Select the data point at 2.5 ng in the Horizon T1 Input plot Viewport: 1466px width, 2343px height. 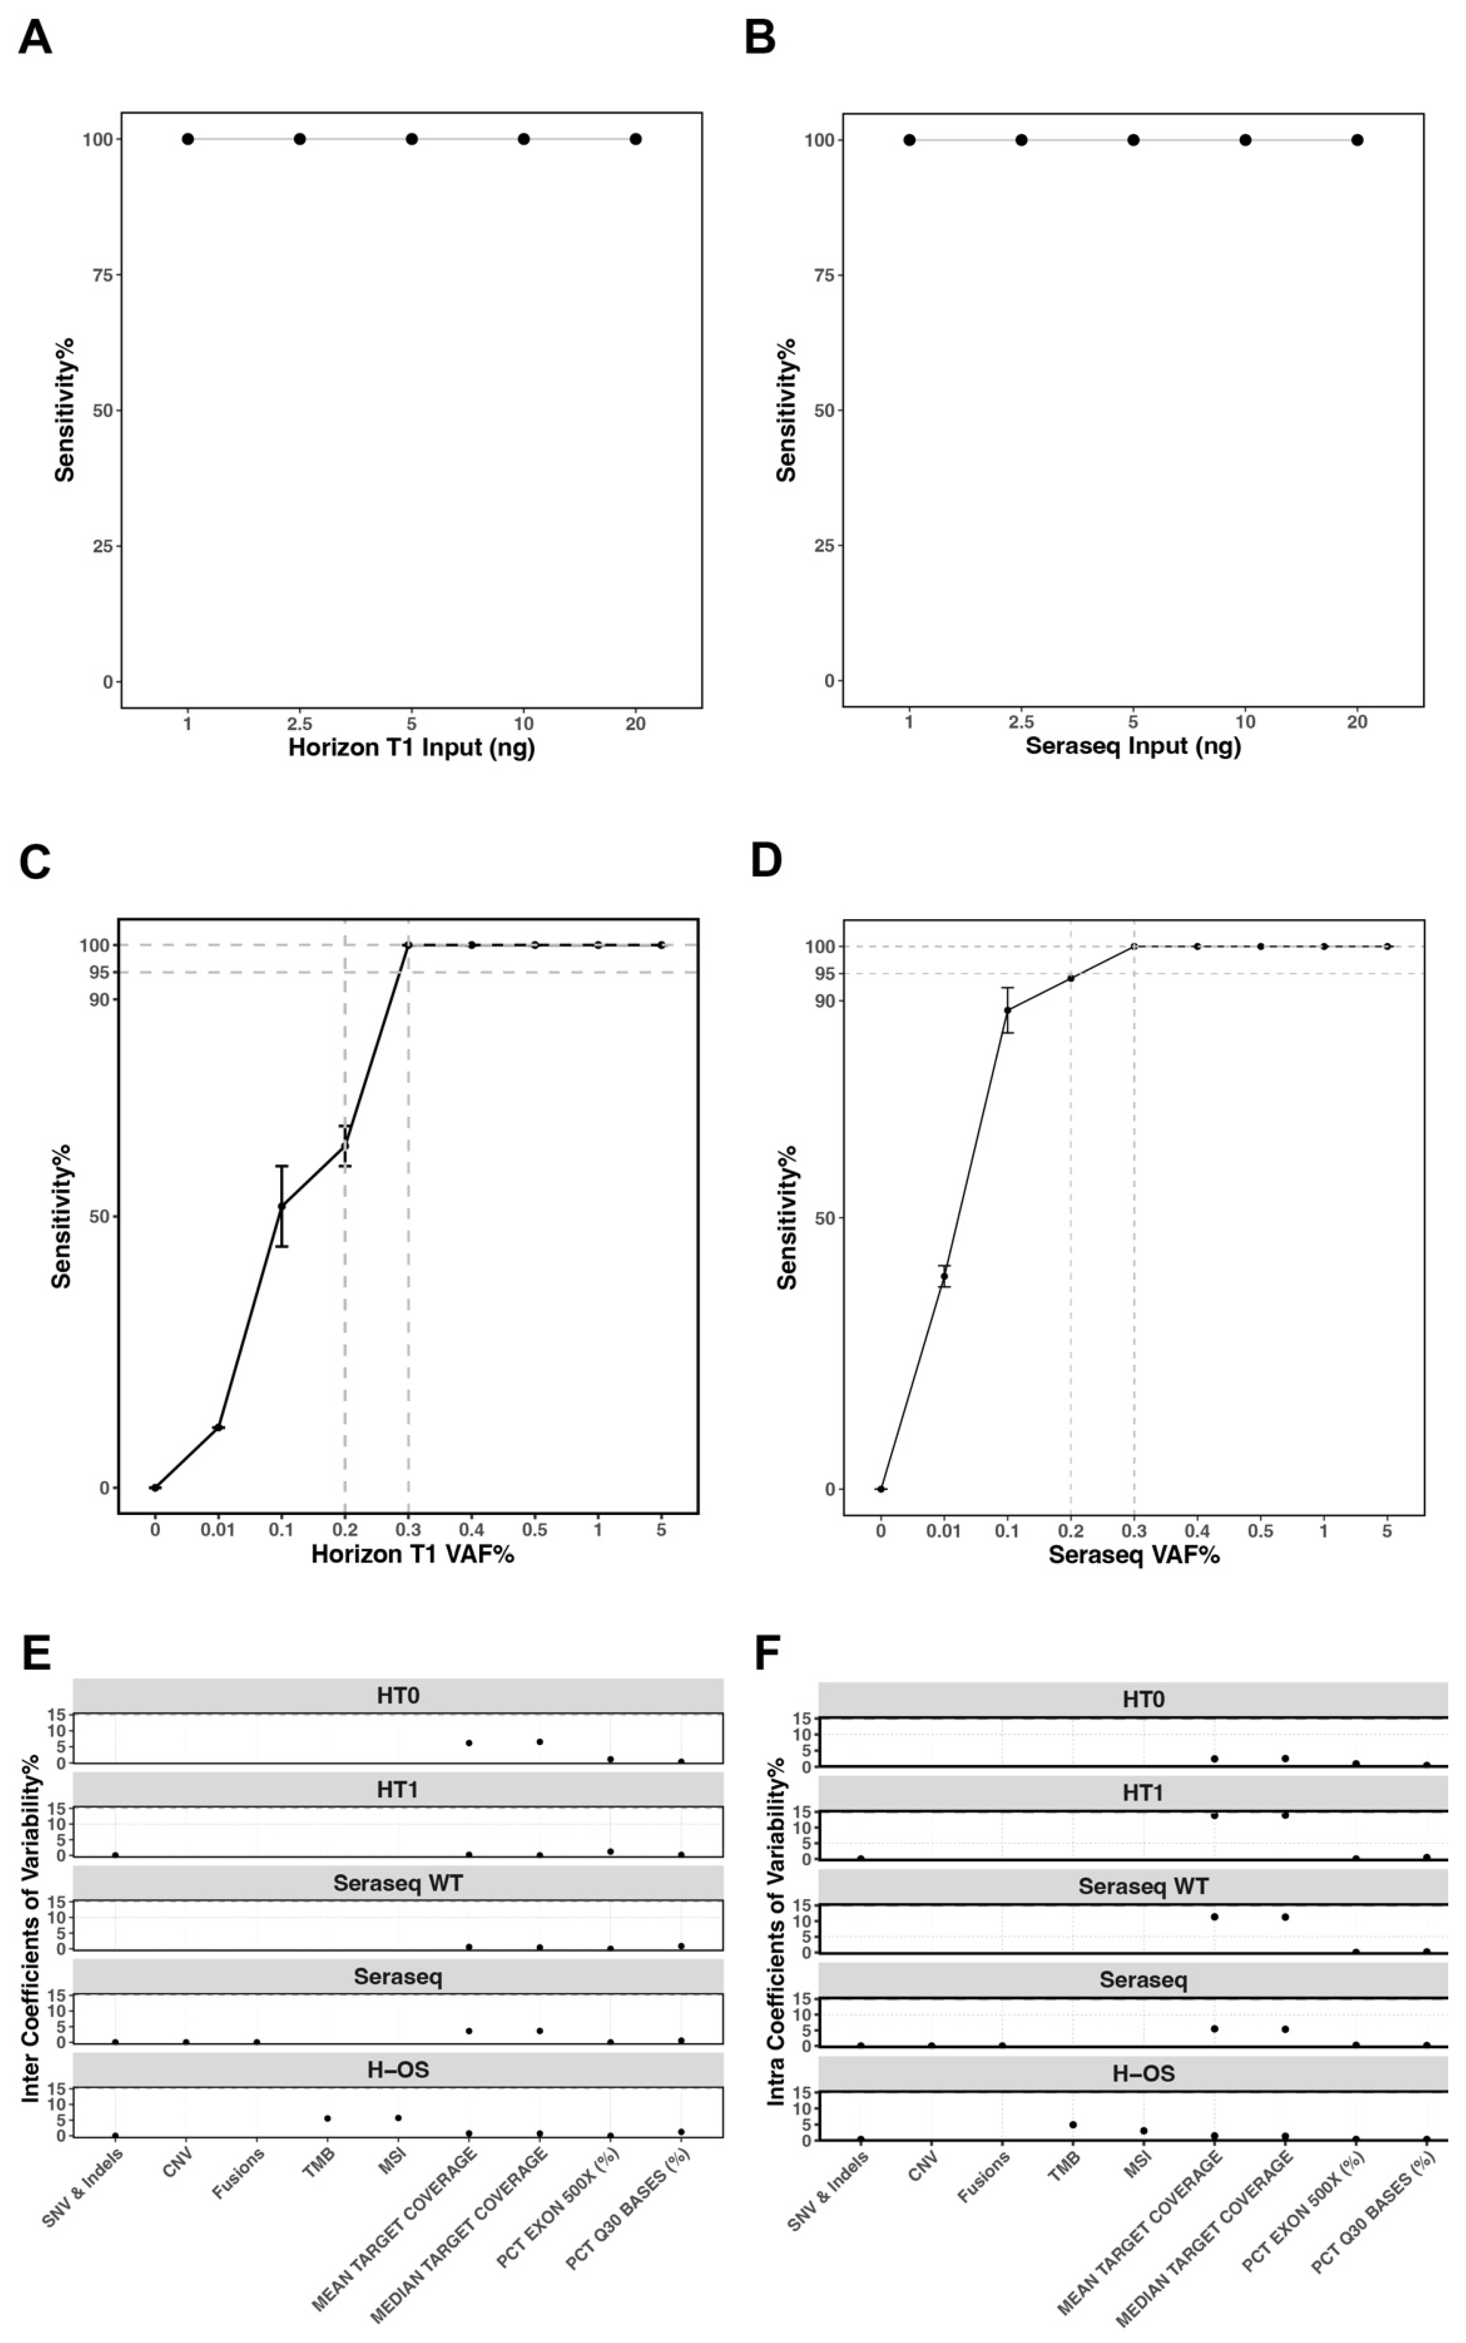(x=300, y=139)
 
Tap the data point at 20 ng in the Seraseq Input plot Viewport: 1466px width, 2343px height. (x=1357, y=140)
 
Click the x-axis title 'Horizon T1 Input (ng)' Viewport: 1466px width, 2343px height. (x=411, y=748)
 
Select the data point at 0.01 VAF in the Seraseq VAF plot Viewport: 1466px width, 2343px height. (x=943, y=1276)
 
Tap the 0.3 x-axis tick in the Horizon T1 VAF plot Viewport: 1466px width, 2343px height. (x=408, y=1530)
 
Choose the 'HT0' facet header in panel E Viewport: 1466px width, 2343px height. (x=397, y=1695)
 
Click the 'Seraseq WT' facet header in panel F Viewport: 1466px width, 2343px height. (x=1142, y=1887)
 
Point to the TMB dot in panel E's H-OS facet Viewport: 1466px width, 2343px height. (x=328, y=2118)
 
